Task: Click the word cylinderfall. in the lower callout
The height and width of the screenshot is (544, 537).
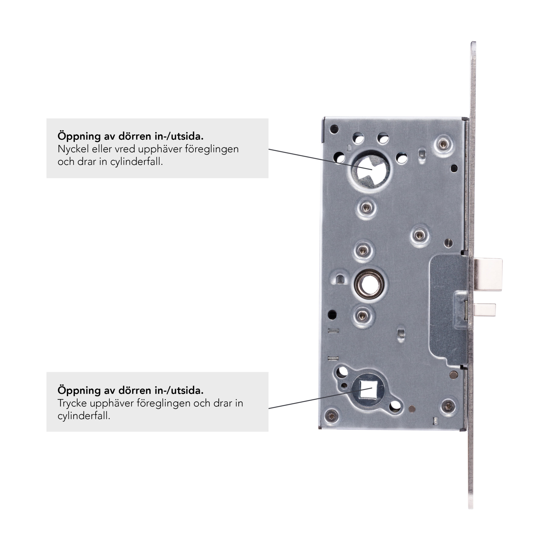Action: click(x=84, y=416)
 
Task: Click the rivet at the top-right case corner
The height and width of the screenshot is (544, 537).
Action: click(x=443, y=144)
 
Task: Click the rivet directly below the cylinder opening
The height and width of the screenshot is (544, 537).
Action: click(x=366, y=208)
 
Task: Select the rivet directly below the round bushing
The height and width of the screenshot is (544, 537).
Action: click(x=363, y=316)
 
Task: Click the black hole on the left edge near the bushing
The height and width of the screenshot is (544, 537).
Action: click(x=333, y=314)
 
